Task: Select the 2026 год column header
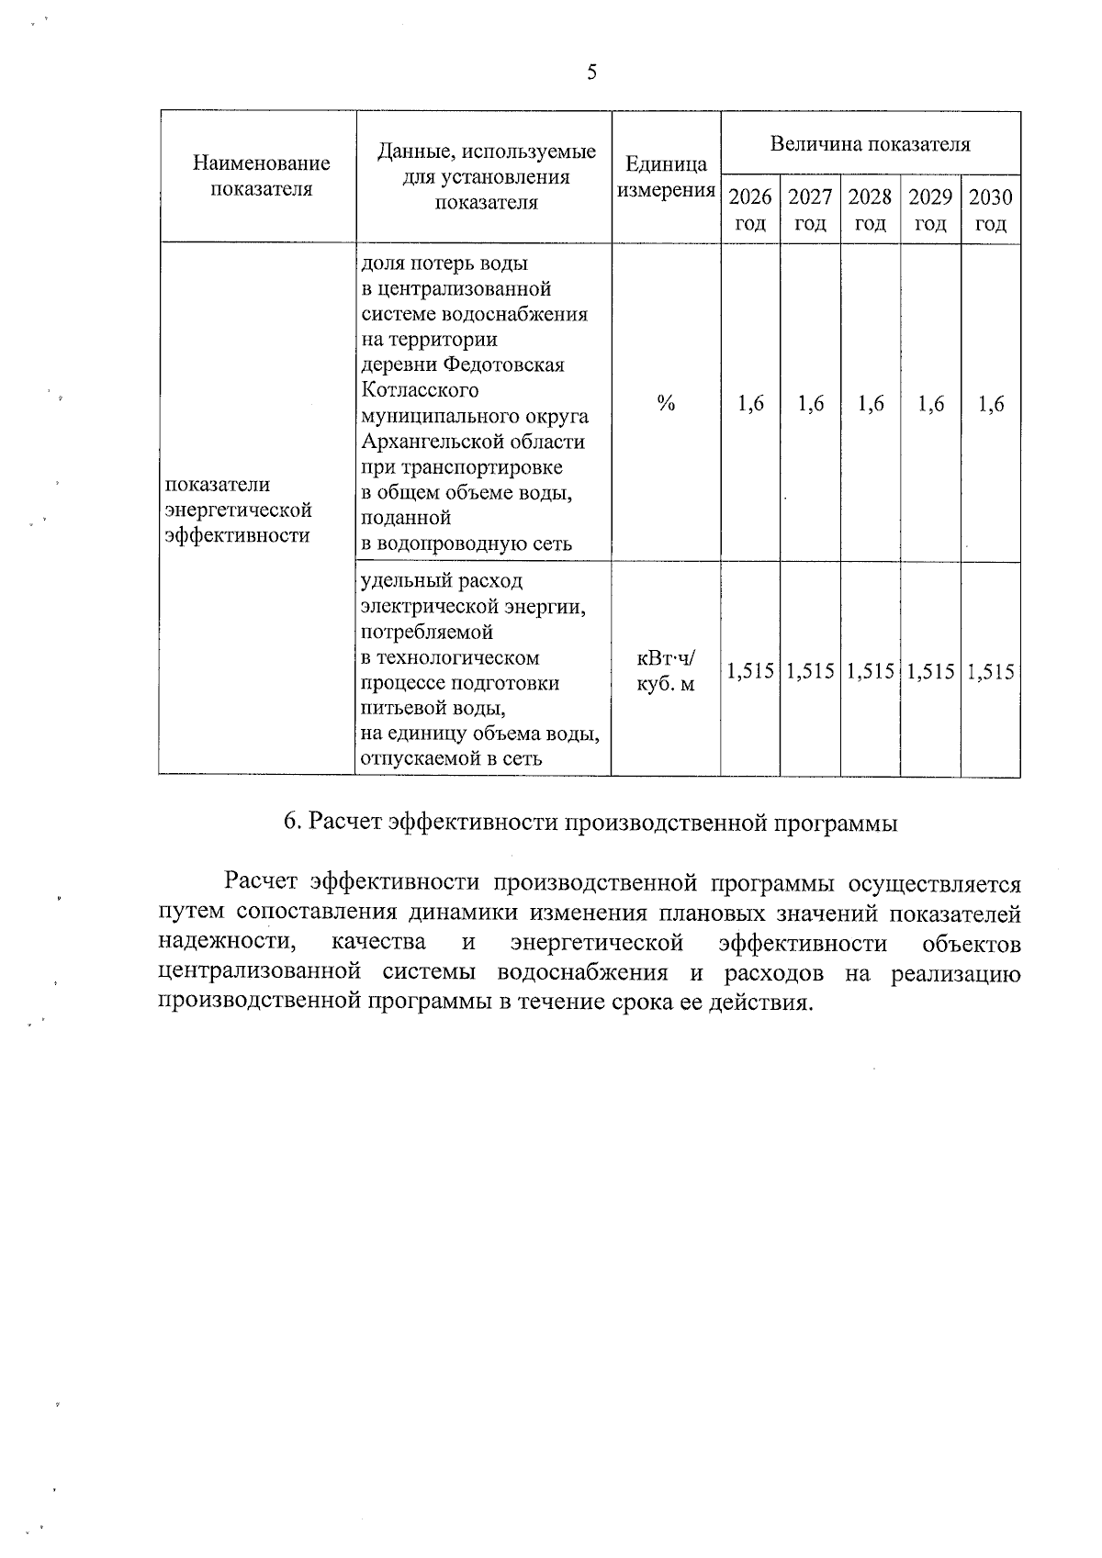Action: coord(750,210)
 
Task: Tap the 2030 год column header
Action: coord(990,210)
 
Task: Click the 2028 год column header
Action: coord(870,210)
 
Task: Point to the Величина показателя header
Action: coord(870,144)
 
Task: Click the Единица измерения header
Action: coord(666,178)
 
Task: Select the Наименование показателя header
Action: coord(262,176)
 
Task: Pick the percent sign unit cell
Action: coord(666,404)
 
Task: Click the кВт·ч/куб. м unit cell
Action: coord(666,671)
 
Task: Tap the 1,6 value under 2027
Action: coord(810,404)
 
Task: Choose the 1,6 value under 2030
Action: coord(990,404)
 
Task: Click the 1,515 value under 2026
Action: coord(750,672)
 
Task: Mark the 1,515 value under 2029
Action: coord(930,672)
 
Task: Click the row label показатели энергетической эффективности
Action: coord(238,510)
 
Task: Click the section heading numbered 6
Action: coord(590,823)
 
